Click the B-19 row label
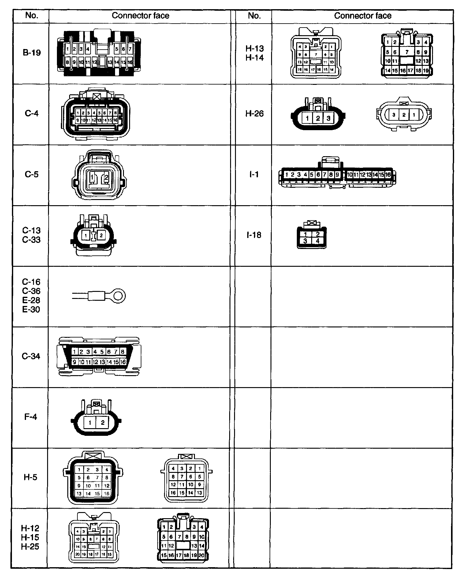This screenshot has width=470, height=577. pos(32,53)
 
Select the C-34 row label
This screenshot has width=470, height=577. pos(31,356)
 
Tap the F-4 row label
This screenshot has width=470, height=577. pos(31,417)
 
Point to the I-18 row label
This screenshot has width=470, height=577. pos(254,235)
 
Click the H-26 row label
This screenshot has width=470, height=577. pos(254,114)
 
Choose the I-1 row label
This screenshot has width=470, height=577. pos(254,174)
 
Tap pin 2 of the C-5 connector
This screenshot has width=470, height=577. pos(106,177)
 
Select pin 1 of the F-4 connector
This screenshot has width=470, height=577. pos(90,423)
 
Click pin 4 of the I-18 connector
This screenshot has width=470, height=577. pos(318,241)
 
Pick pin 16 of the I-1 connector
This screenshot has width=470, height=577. pos(388,175)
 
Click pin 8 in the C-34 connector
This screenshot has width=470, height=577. pos(122,352)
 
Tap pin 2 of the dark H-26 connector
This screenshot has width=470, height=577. pos(318,118)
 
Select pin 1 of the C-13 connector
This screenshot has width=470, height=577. pos(86,236)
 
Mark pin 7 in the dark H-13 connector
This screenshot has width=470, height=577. pos(407,52)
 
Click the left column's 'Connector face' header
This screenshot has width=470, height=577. pos(140,16)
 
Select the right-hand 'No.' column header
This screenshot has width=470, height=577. pos(254,16)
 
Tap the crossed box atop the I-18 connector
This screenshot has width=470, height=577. pos(311,223)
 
